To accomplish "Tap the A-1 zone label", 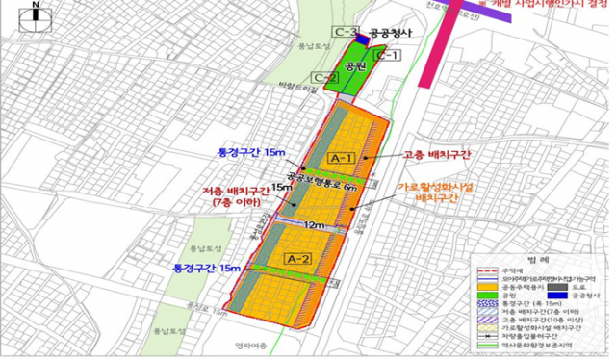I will tap(342, 156).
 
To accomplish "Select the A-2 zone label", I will tap(297, 259).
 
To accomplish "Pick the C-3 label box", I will tap(345, 32).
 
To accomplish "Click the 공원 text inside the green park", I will tap(355, 67).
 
